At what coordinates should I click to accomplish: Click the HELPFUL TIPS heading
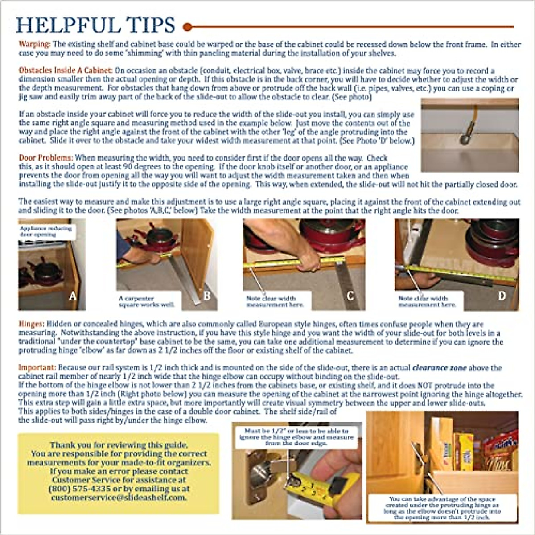(95, 25)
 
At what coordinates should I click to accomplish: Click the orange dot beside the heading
(188, 27)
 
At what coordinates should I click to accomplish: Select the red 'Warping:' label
(34, 44)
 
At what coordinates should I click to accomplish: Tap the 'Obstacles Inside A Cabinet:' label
(66, 70)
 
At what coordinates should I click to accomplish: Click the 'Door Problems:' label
(45, 158)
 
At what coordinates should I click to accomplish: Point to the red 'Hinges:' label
(31, 324)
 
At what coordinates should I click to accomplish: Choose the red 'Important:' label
(37, 368)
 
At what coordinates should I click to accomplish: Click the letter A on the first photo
(72, 296)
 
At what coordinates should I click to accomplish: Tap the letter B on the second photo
(207, 296)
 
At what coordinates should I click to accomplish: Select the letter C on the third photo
(350, 296)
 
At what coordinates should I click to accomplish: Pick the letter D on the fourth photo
(502, 296)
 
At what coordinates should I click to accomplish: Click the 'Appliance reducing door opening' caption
(45, 231)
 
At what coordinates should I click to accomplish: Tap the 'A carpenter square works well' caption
(146, 301)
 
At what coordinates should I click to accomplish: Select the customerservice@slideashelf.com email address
(118, 497)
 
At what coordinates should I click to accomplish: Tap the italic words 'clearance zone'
(439, 368)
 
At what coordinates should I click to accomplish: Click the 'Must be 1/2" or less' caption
(297, 437)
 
